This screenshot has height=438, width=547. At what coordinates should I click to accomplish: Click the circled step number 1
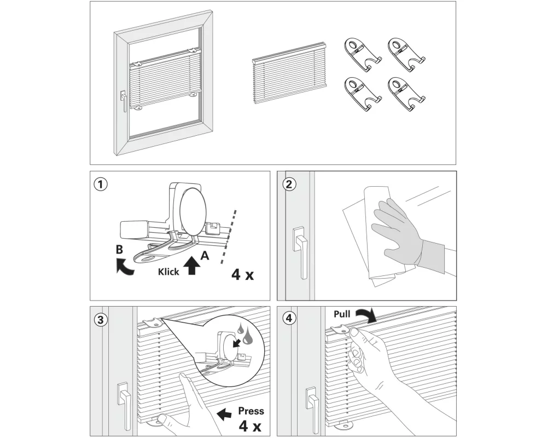pyautogui.click(x=100, y=184)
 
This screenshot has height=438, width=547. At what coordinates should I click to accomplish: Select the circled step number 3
pyautogui.click(x=100, y=320)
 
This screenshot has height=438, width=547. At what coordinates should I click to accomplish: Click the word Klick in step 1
pyautogui.click(x=168, y=272)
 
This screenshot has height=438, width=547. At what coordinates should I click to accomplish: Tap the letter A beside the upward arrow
pyautogui.click(x=205, y=255)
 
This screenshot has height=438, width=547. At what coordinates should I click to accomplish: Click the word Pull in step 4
pyautogui.click(x=342, y=315)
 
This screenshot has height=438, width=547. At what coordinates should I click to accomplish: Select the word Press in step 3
pyautogui.click(x=251, y=411)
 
